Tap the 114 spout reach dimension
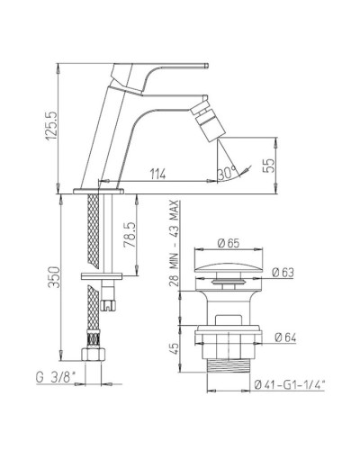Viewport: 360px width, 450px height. point(157,174)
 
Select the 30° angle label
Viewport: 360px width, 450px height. point(228,173)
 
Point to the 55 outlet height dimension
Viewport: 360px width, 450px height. point(270,165)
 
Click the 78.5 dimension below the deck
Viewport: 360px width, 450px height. point(130,235)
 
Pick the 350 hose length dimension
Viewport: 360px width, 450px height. point(55,277)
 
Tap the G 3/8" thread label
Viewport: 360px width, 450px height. point(55,377)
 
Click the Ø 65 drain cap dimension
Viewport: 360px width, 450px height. point(229,243)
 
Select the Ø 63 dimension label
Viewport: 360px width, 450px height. point(283,273)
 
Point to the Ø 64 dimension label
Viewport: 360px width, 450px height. point(285,337)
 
